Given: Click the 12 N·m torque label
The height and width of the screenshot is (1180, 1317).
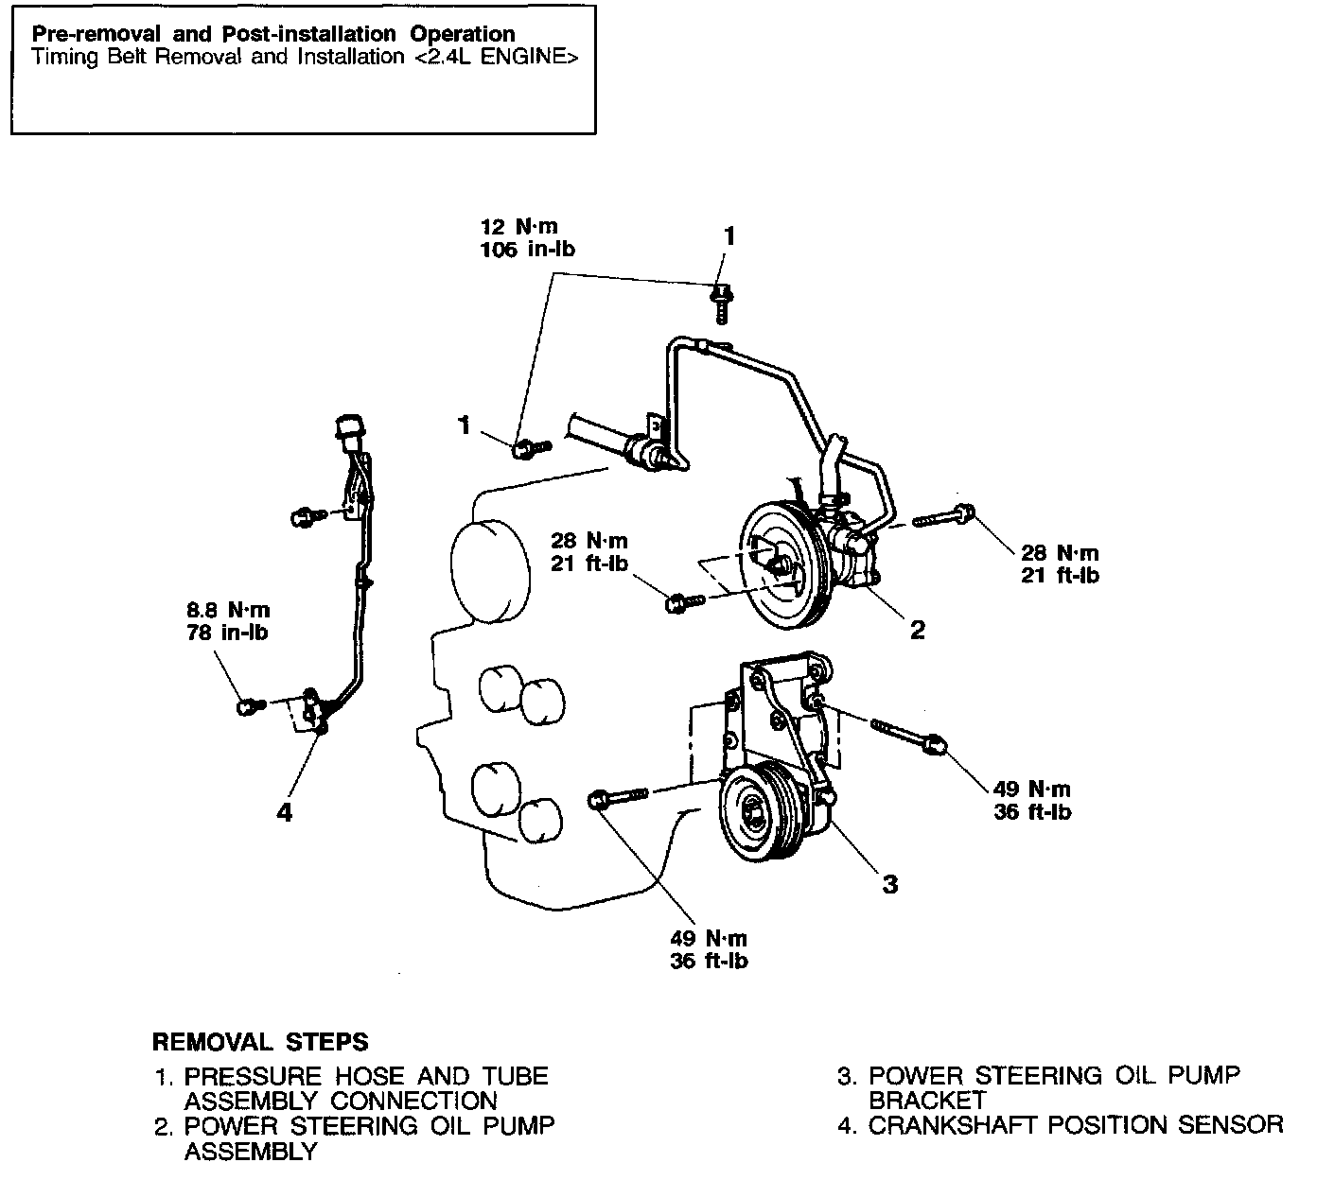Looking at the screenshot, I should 518,227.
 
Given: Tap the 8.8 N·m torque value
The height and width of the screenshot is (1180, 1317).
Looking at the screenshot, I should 227,611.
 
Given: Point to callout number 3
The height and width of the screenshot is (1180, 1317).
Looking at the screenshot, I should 889,884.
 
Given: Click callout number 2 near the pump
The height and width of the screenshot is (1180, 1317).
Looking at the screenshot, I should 917,629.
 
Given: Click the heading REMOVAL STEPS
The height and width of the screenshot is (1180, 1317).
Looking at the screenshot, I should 260,1042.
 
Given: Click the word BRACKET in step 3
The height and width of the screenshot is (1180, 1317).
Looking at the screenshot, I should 926,1101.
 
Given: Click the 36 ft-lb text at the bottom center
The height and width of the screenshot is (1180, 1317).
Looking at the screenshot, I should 708,962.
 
